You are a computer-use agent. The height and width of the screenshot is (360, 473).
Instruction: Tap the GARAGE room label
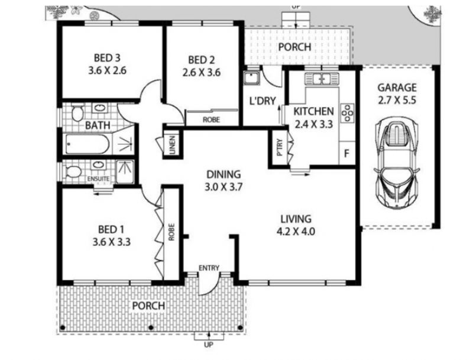click(397, 87)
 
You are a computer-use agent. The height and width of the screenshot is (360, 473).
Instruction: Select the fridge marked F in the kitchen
click(346, 153)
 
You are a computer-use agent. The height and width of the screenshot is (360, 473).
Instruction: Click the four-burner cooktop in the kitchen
click(348, 113)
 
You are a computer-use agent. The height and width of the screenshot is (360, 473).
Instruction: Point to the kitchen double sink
click(322, 79)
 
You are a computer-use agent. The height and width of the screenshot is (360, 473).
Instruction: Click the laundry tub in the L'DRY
click(251, 78)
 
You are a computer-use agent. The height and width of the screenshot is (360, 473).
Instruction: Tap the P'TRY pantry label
click(280, 147)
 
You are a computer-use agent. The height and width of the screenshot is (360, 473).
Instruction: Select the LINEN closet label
click(172, 145)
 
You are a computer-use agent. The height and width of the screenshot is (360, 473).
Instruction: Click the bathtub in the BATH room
click(87, 144)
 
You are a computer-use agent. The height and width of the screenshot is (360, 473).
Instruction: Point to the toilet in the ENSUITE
click(73, 172)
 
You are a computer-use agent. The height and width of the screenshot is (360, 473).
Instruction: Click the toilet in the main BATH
click(77, 113)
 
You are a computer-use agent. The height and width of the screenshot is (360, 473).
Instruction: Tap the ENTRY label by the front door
click(209, 268)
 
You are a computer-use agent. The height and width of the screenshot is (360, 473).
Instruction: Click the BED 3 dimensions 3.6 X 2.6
click(107, 71)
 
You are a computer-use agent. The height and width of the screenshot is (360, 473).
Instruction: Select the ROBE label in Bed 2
click(211, 119)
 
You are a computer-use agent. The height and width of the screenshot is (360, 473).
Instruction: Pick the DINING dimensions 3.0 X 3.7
click(223, 187)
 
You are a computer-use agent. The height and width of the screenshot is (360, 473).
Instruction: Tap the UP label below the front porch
click(209, 345)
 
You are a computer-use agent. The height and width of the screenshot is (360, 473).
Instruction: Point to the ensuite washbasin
click(98, 164)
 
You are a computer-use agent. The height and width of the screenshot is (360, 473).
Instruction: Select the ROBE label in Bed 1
click(171, 232)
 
